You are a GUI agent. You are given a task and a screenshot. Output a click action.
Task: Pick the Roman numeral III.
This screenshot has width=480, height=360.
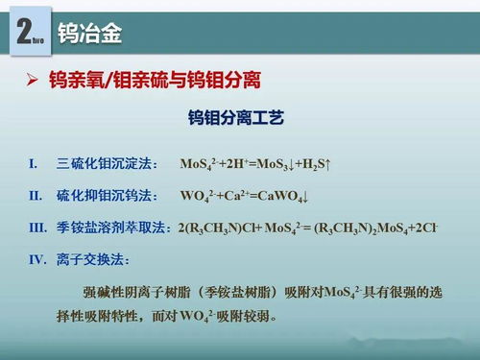point(37,228)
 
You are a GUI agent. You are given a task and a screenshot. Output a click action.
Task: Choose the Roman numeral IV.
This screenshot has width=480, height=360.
point(37,259)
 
